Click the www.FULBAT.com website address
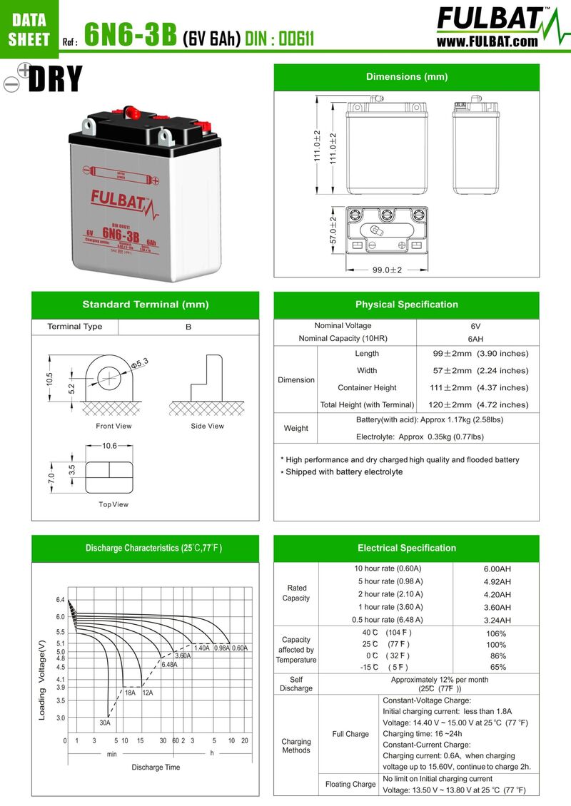pyautogui.click(x=487, y=41)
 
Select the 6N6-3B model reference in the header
pyautogui.click(x=131, y=34)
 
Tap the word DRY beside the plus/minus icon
pyautogui.click(x=56, y=80)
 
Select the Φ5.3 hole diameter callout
pyautogui.click(x=139, y=363)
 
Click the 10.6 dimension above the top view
pyautogui.click(x=109, y=446)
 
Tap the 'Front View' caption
pyautogui.click(x=113, y=426)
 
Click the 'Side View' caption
pyautogui.click(x=207, y=426)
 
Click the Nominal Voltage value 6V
pyautogui.click(x=475, y=326)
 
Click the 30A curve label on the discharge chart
pyautogui.click(x=105, y=723)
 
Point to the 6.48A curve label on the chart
pyautogui.click(x=169, y=664)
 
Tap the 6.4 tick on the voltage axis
pyautogui.click(x=61, y=600)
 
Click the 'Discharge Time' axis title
pyautogui.click(x=156, y=767)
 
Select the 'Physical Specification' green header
pyautogui.click(x=407, y=305)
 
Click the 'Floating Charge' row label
pyautogui.click(x=350, y=784)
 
